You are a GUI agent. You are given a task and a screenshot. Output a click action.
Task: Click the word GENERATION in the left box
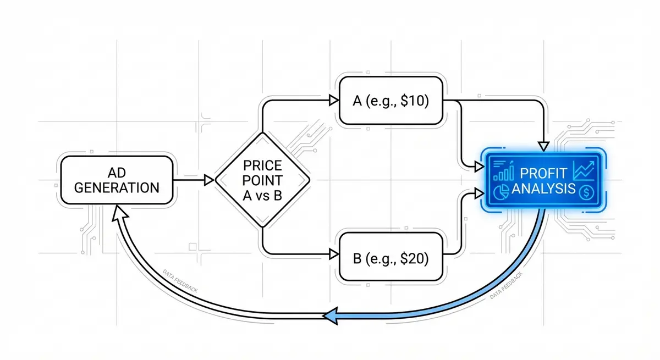(x=116, y=187)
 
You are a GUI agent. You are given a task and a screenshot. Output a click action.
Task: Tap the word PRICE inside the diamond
(x=262, y=164)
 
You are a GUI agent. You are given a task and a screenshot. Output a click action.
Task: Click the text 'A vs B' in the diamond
(x=262, y=196)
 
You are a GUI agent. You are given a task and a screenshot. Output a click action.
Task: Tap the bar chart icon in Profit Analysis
(x=502, y=172)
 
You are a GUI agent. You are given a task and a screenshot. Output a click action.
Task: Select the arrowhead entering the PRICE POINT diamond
(x=208, y=180)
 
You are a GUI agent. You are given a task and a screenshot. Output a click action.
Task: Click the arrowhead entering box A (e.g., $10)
(x=333, y=100)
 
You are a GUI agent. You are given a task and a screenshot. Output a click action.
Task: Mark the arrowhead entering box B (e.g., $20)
(x=333, y=254)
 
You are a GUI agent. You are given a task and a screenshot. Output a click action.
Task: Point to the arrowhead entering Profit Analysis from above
(x=543, y=145)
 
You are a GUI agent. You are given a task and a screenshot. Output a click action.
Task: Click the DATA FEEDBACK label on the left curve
(x=181, y=280)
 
